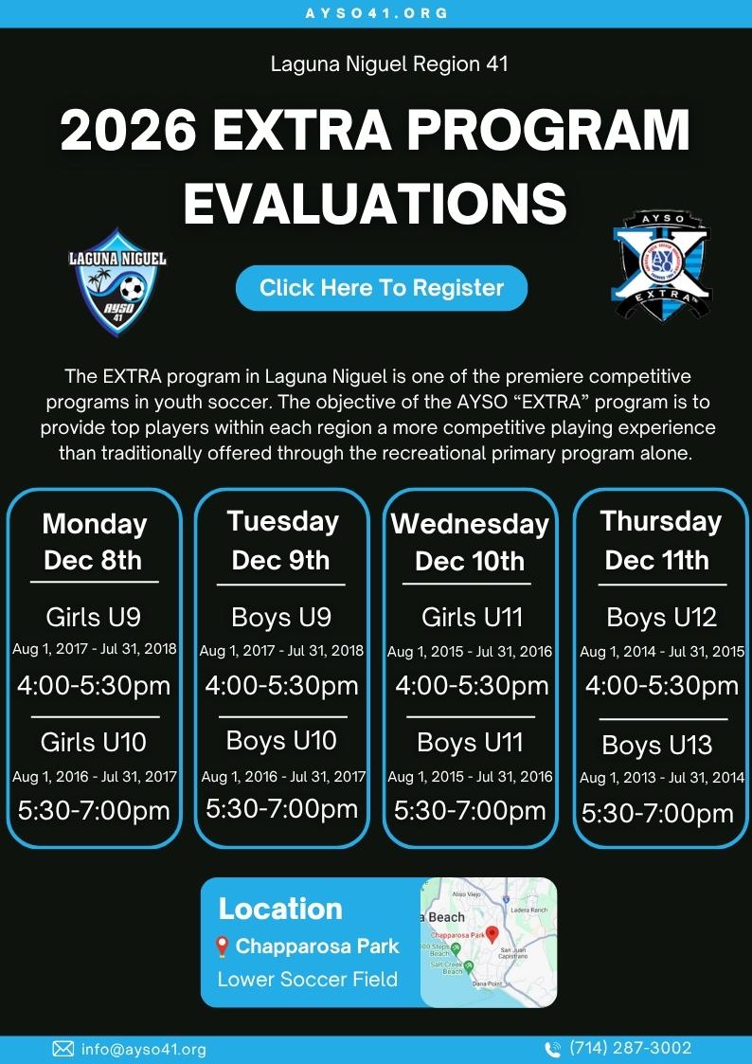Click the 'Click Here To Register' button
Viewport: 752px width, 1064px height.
pyautogui.click(x=381, y=288)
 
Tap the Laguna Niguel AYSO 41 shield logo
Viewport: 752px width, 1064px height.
pyautogui.click(x=118, y=282)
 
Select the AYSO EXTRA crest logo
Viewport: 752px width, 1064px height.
pyautogui.click(x=662, y=265)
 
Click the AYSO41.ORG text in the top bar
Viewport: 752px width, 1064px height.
pyautogui.click(x=376, y=13)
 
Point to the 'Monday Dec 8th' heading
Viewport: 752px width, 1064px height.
pyautogui.click(x=94, y=542)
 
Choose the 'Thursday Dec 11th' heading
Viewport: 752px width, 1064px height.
pyautogui.click(x=660, y=541)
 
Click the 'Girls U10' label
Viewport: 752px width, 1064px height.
pyautogui.click(x=94, y=742)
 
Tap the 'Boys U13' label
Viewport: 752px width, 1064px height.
pyautogui.click(x=657, y=745)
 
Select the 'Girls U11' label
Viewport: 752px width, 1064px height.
pyautogui.click(x=472, y=618)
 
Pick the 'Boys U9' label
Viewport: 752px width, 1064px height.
pyautogui.click(x=281, y=618)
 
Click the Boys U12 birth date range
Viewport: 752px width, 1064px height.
pyautogui.click(x=662, y=652)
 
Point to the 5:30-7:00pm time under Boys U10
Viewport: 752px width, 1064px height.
pyautogui.click(x=281, y=809)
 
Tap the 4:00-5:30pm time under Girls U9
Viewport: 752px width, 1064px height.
pyautogui.click(x=94, y=685)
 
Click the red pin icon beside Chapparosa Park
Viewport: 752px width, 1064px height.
pyautogui.click(x=221, y=947)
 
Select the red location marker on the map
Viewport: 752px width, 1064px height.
pyautogui.click(x=492, y=933)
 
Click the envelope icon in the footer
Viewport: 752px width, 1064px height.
pyautogui.click(x=63, y=1049)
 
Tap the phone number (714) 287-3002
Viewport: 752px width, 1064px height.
pyautogui.click(x=630, y=1049)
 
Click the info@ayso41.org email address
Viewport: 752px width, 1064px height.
pyautogui.click(x=143, y=1050)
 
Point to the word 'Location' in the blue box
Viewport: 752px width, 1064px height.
pyautogui.click(x=280, y=910)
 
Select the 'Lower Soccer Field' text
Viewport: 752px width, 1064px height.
pyautogui.click(x=307, y=979)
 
